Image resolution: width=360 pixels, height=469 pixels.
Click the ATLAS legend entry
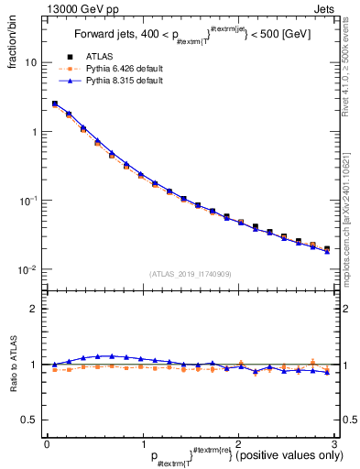point(99,58)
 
